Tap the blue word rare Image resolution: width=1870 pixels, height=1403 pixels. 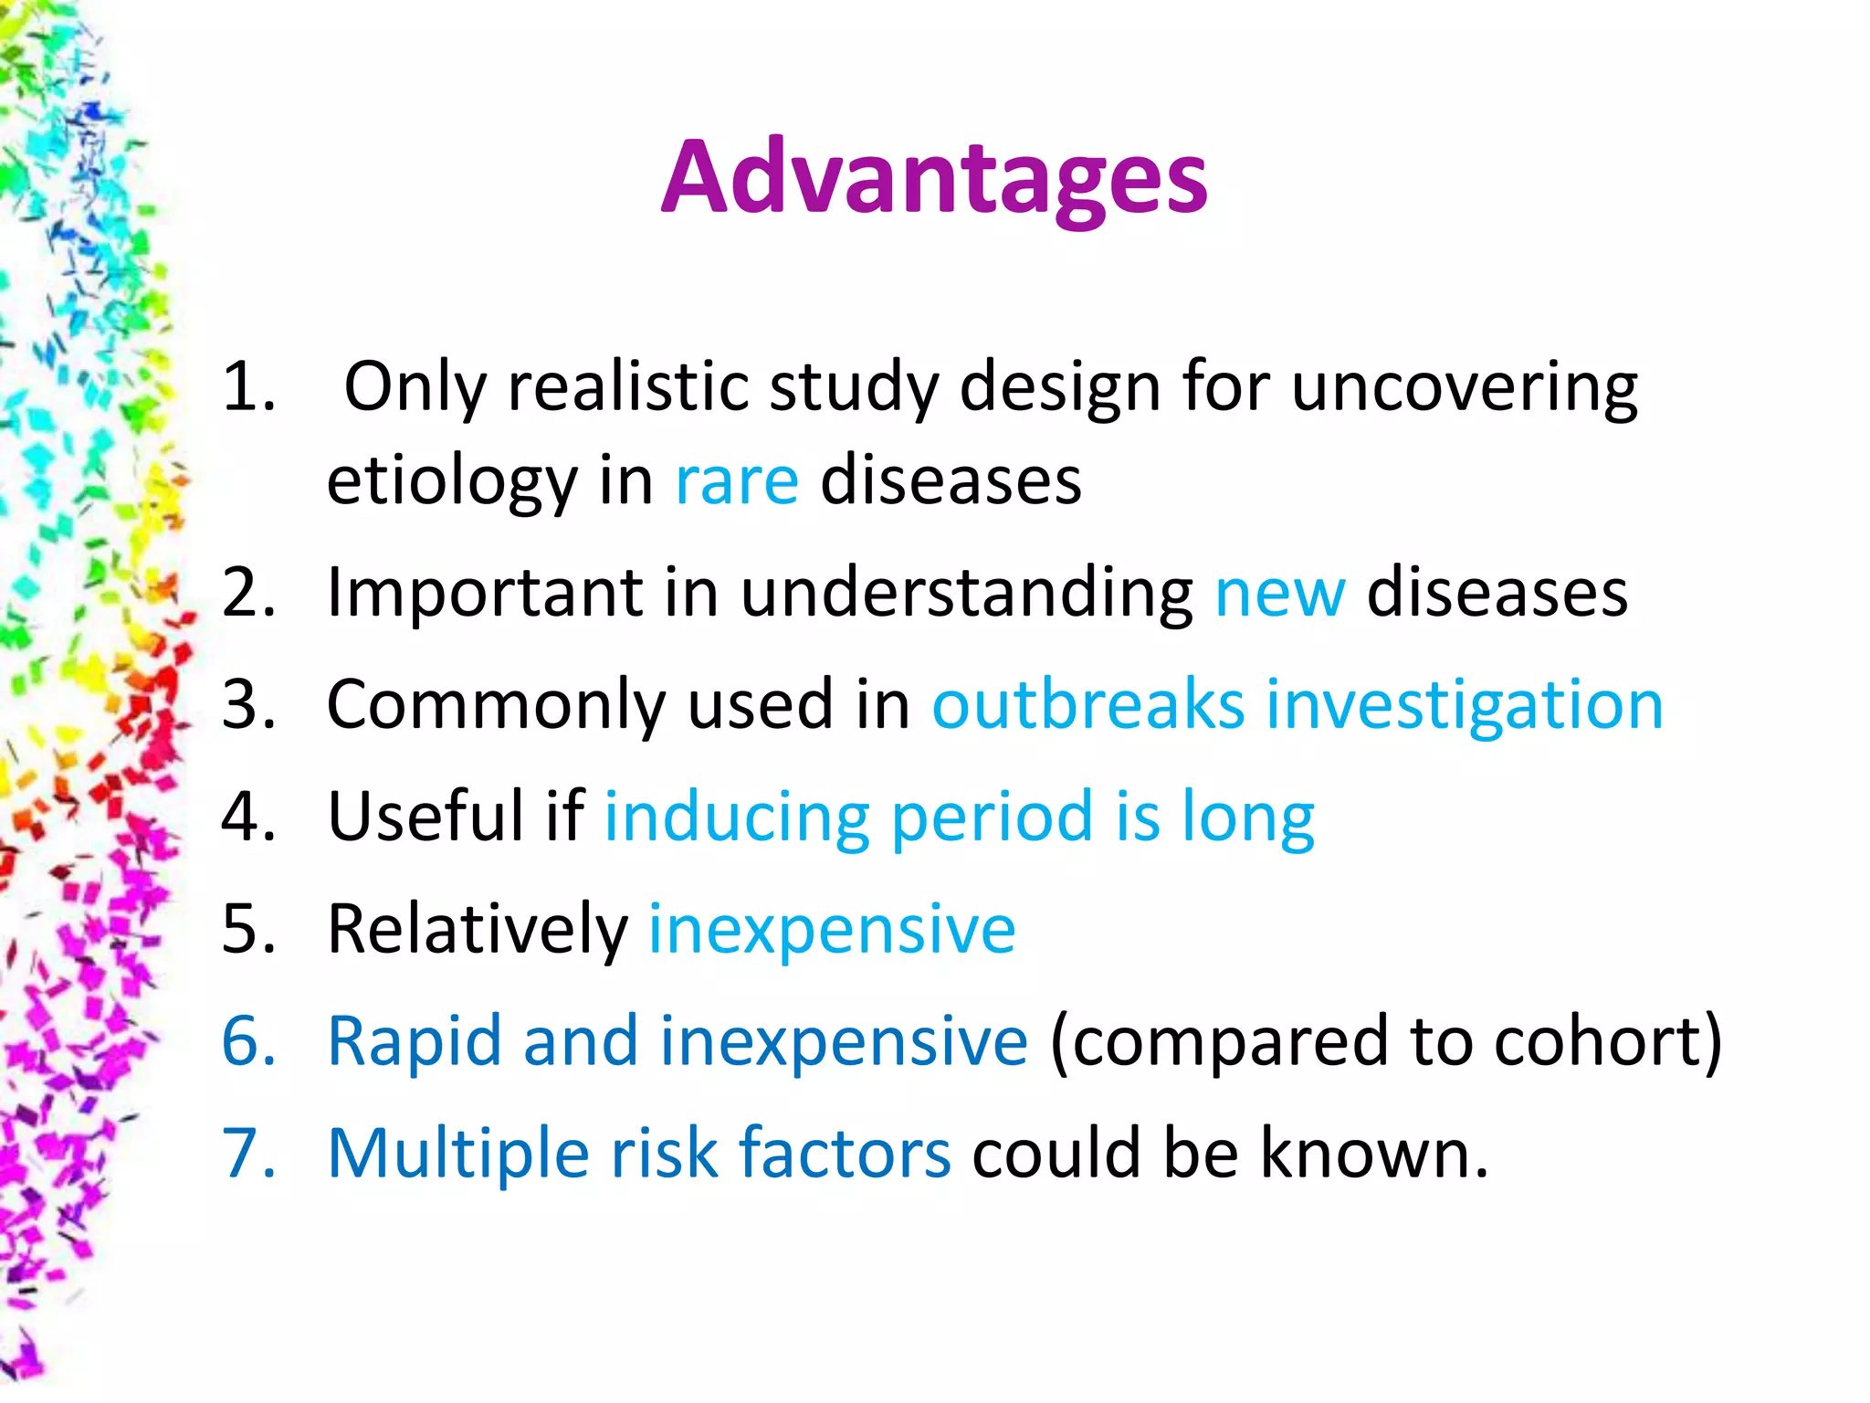pyautogui.click(x=737, y=481)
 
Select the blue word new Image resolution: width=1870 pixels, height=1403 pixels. pyautogui.click(x=1279, y=594)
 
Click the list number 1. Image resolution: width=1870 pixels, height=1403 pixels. pyautogui.click(x=247, y=387)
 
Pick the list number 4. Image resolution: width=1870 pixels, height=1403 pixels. pyautogui.click(x=247, y=817)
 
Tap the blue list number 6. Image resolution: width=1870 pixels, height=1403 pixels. pyautogui.click(x=247, y=1041)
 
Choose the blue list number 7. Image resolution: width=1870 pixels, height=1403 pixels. pyautogui.click(x=247, y=1154)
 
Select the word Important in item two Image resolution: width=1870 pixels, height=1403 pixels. pyautogui.click(x=484, y=594)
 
